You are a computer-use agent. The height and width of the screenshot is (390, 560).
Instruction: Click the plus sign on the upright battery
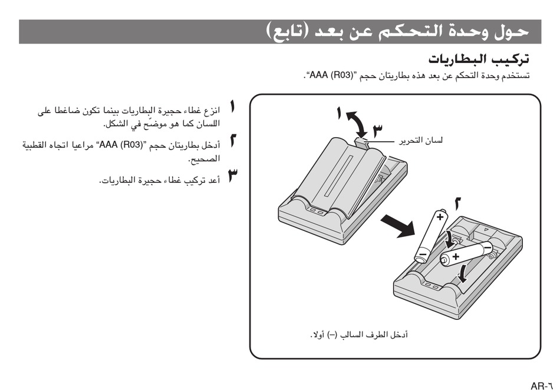pos(439,217)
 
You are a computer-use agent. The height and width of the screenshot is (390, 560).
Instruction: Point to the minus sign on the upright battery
pos(422,255)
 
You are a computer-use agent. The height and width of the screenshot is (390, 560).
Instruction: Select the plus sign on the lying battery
pos(456,256)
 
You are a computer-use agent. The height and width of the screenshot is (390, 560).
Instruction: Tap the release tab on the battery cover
pos(363,141)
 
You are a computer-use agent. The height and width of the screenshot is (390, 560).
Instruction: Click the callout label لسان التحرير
pos(420,141)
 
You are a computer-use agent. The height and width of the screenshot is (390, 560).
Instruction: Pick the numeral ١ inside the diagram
pos(339,113)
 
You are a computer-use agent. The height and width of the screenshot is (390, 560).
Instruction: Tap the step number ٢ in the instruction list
pos(233,141)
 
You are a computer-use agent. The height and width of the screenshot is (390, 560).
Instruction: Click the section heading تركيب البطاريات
pos(478,60)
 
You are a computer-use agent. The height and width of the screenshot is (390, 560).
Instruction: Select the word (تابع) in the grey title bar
pos(288,31)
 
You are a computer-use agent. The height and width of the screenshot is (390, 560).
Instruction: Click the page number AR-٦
pos(542,386)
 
